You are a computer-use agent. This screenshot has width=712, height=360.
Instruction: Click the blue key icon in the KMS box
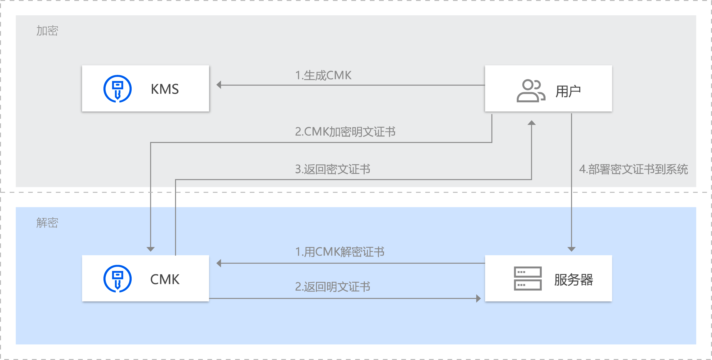click(117, 89)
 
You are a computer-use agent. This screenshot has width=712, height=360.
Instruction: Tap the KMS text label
click(165, 89)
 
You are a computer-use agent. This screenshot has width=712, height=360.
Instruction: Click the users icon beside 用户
click(531, 91)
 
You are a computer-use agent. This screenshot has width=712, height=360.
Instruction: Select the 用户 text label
click(568, 91)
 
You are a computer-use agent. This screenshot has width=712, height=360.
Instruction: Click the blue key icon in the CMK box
click(117, 278)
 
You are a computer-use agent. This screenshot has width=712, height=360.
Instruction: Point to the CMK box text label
click(165, 279)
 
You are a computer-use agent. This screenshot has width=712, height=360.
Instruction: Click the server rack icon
click(528, 278)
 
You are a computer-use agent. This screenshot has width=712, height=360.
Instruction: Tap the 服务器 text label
click(574, 280)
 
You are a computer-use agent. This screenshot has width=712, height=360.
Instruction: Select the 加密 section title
click(47, 31)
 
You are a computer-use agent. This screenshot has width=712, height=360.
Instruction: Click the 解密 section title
click(47, 223)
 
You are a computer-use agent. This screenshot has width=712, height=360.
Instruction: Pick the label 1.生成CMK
click(323, 75)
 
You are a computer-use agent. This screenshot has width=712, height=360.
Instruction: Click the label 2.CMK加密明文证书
click(345, 132)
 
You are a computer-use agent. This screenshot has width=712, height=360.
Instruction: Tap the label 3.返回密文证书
click(332, 169)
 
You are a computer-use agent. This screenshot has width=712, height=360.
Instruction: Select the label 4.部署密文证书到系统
click(634, 169)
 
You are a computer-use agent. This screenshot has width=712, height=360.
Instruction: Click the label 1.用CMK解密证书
click(340, 252)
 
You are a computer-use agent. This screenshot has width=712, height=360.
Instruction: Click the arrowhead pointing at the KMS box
click(219, 85)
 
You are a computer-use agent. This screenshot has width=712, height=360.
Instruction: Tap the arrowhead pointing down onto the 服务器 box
click(571, 249)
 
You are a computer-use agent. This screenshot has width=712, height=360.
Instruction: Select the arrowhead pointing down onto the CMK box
click(151, 249)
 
